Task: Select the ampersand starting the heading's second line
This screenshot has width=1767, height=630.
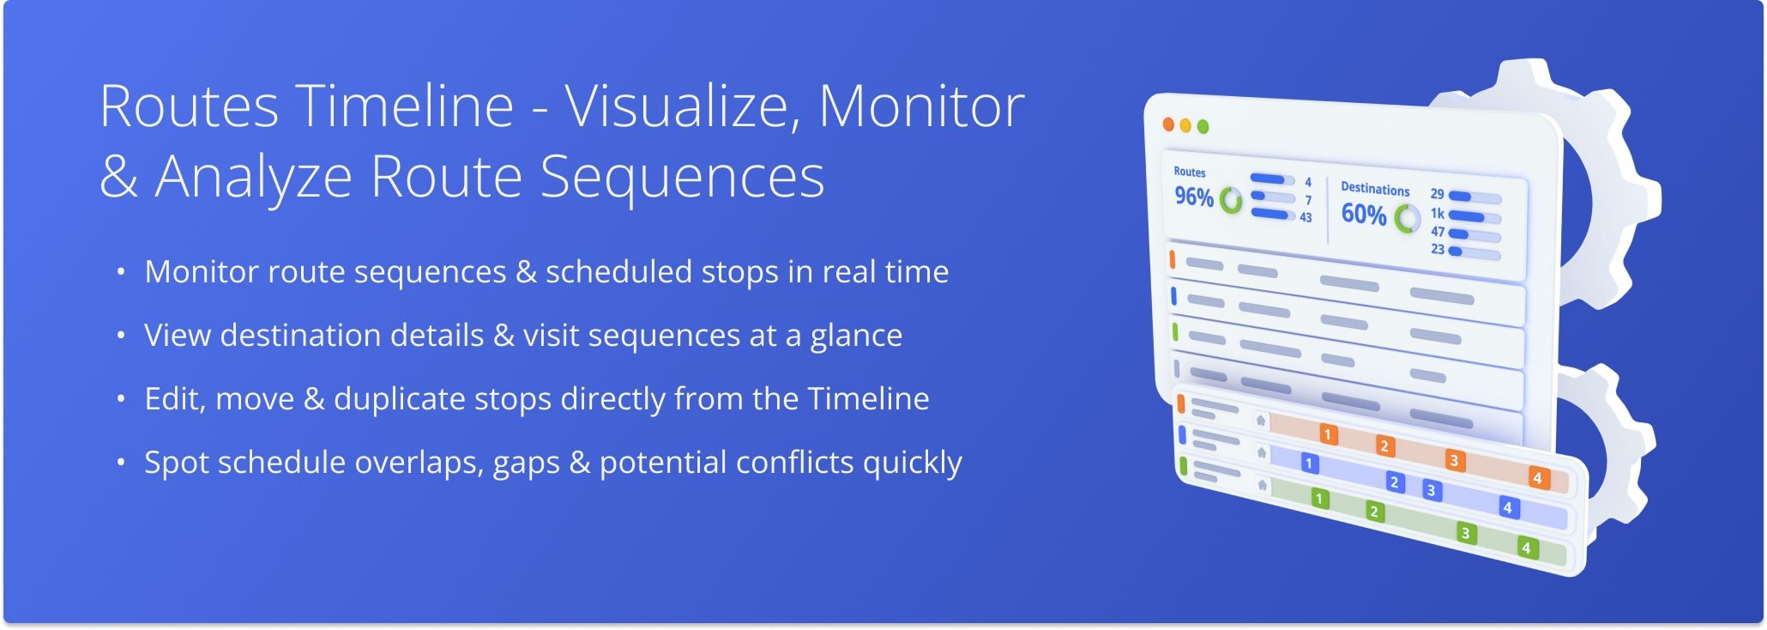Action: [x=118, y=177]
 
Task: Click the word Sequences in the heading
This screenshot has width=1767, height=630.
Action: [x=682, y=178]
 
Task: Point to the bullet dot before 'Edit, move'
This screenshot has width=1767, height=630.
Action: [x=121, y=398]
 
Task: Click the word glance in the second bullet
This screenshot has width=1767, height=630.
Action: [x=856, y=336]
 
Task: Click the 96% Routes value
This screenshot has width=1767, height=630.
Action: [x=1193, y=197]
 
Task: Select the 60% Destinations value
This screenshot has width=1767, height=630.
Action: [x=1363, y=214]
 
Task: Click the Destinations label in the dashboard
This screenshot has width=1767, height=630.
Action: [x=1375, y=190]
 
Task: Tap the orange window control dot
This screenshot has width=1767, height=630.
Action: [x=1168, y=124]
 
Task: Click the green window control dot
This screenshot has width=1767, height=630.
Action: [x=1203, y=127]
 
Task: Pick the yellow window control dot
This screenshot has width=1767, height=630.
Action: [x=1185, y=126]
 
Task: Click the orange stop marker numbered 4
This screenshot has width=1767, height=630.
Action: [x=1537, y=477]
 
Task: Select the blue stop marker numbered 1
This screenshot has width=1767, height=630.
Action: [x=1308, y=463]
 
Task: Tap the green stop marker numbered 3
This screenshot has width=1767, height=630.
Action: [x=1465, y=533]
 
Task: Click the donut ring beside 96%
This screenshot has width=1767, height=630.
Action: [x=1231, y=201]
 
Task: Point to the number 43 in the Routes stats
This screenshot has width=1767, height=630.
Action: [x=1306, y=218]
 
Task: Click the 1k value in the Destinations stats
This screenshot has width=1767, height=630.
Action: [x=1437, y=213]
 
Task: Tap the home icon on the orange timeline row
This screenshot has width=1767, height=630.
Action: [x=1260, y=421]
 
